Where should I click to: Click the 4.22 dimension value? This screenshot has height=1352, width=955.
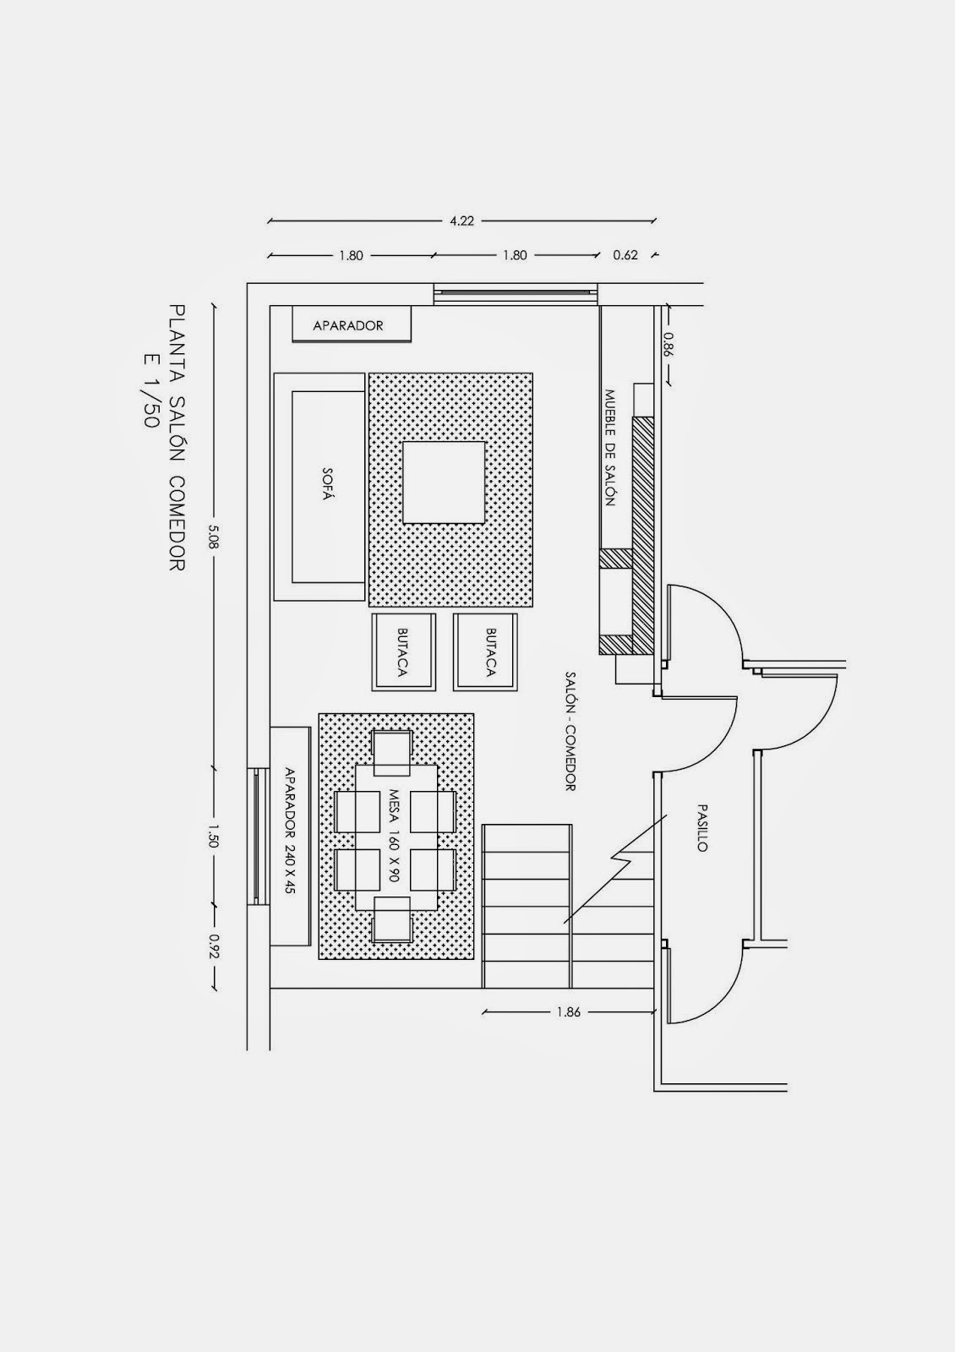pyautogui.click(x=461, y=221)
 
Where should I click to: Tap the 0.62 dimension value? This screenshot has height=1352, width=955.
pyautogui.click(x=625, y=255)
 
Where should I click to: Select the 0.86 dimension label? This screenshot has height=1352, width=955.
pyautogui.click(x=668, y=346)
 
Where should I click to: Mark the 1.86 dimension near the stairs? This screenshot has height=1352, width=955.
pyautogui.click(x=569, y=1011)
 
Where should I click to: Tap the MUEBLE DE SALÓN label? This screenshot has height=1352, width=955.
pyautogui.click(x=608, y=447)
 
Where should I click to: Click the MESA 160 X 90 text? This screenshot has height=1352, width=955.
pyautogui.click(x=395, y=836)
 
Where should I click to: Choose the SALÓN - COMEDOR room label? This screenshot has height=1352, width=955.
pyautogui.click(x=570, y=731)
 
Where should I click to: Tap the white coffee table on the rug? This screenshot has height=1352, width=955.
pyautogui.click(x=444, y=482)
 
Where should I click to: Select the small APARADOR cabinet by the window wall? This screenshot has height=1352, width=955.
pyautogui.click(x=350, y=325)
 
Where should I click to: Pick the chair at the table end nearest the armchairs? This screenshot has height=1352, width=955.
pyautogui.click(x=391, y=752)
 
